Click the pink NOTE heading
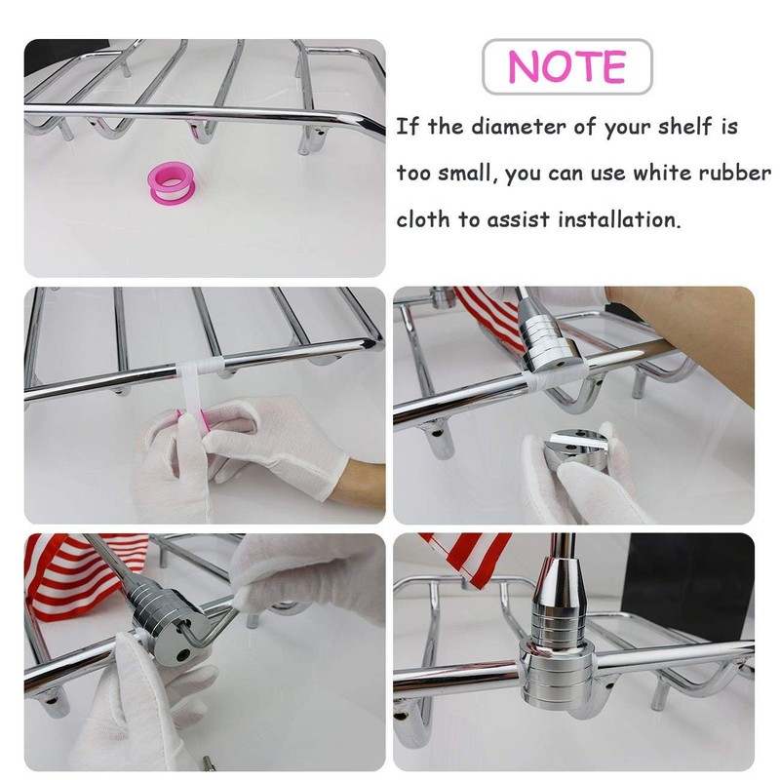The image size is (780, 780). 566,66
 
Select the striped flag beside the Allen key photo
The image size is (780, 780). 75,577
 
